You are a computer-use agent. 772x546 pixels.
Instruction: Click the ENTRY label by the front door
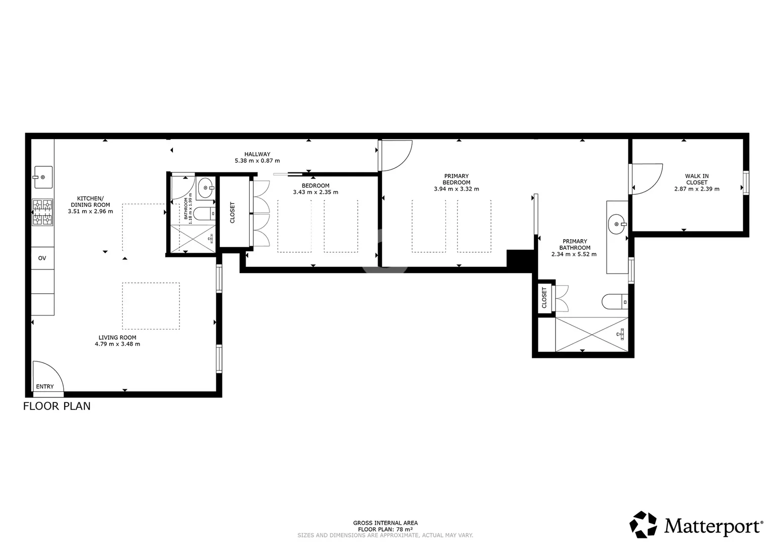45,386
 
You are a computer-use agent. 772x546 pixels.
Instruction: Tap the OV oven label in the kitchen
42,258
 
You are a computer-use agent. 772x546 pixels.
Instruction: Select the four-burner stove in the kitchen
42,212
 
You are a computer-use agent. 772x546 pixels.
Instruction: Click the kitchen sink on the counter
43,177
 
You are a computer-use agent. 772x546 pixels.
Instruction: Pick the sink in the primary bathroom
617,224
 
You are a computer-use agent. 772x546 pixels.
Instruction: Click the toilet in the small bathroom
204,214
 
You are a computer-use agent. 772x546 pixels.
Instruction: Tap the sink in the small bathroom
206,188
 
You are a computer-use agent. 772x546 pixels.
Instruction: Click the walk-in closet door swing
646,179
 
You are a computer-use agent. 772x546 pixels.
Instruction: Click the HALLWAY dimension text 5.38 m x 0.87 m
257,161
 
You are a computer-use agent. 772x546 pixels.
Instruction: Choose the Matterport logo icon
643,524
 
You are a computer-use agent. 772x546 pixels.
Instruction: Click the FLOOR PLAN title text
57,406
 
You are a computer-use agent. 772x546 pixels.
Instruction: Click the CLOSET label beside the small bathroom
232,212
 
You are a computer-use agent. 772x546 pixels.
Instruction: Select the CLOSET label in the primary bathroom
544,297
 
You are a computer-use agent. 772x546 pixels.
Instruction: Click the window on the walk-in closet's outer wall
746,183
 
